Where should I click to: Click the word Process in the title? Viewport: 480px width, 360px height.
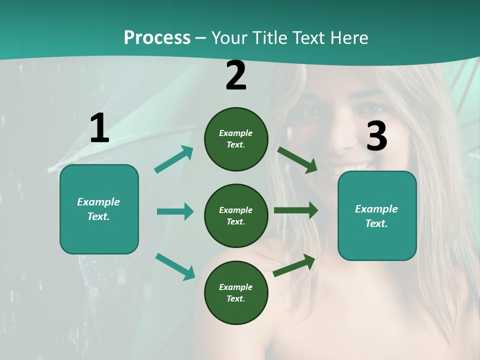point(157,38)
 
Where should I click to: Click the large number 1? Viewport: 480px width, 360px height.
point(99,128)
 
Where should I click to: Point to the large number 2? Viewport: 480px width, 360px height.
point(236,76)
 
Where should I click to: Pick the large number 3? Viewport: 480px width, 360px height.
point(376,136)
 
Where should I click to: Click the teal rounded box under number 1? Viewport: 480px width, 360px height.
point(99,209)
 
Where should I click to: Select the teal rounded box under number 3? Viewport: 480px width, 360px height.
point(377,216)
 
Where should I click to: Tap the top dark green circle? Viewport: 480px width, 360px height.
point(236,139)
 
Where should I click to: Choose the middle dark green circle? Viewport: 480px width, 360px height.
point(236,216)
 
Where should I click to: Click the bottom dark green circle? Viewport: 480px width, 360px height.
point(236,293)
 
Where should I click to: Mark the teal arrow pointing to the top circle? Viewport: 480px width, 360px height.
point(174,159)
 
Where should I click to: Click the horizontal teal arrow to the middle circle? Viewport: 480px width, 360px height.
point(175,211)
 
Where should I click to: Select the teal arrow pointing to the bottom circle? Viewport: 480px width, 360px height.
point(175,266)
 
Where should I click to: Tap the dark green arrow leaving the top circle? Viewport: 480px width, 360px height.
point(297,160)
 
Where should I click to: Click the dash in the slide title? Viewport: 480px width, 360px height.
point(201,38)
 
